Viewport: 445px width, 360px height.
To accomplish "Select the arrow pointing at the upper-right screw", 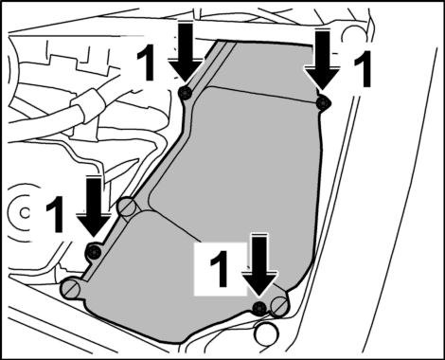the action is click(322, 62).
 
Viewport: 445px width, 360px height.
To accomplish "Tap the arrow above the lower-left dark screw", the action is click(94, 207).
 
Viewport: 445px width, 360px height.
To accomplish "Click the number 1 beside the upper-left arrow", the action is click(147, 62).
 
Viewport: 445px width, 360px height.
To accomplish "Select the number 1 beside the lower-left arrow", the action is click(56, 214).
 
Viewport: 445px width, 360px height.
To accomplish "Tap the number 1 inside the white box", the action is click(220, 269).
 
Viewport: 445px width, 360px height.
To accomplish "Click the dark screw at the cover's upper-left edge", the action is click(186, 93).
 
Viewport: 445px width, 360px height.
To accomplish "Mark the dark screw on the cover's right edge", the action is click(323, 102).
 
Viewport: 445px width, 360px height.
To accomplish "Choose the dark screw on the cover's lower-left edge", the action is click(94, 252).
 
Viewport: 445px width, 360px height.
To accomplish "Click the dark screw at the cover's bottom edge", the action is click(259, 307).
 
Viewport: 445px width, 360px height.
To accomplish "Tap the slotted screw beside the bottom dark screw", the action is click(279, 305).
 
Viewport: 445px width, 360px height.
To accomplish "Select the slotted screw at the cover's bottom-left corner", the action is click(70, 288).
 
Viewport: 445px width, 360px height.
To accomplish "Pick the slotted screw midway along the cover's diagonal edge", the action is click(128, 207).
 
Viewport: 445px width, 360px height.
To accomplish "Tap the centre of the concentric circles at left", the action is click(24, 212).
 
